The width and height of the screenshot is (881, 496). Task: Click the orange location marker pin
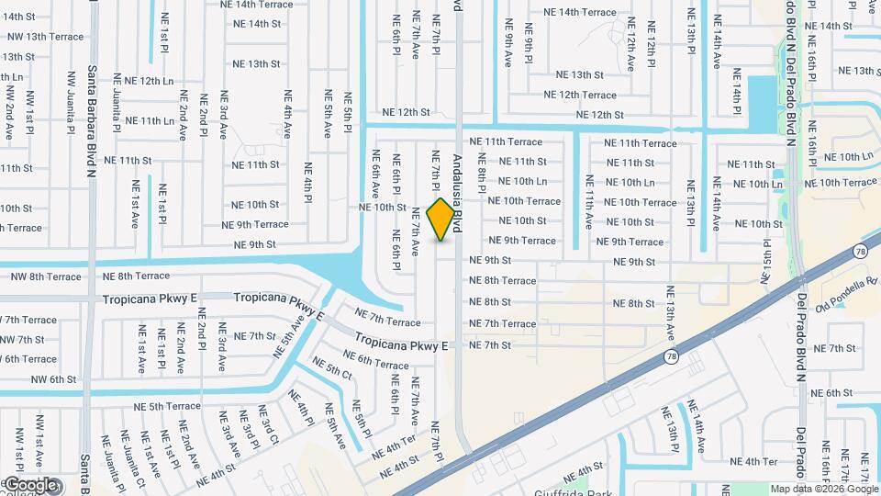pos(441,219)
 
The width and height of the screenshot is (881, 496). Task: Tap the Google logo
pos(30,484)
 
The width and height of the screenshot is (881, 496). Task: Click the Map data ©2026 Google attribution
pos(824,489)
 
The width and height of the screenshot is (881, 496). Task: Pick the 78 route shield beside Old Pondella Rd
pos(859,251)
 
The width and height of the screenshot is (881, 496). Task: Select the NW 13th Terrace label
pos(42,37)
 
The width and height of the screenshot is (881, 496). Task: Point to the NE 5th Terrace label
pos(162,406)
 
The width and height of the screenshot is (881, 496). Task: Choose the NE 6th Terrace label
pos(376,365)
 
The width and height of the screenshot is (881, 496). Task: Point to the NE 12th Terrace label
pos(580,95)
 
